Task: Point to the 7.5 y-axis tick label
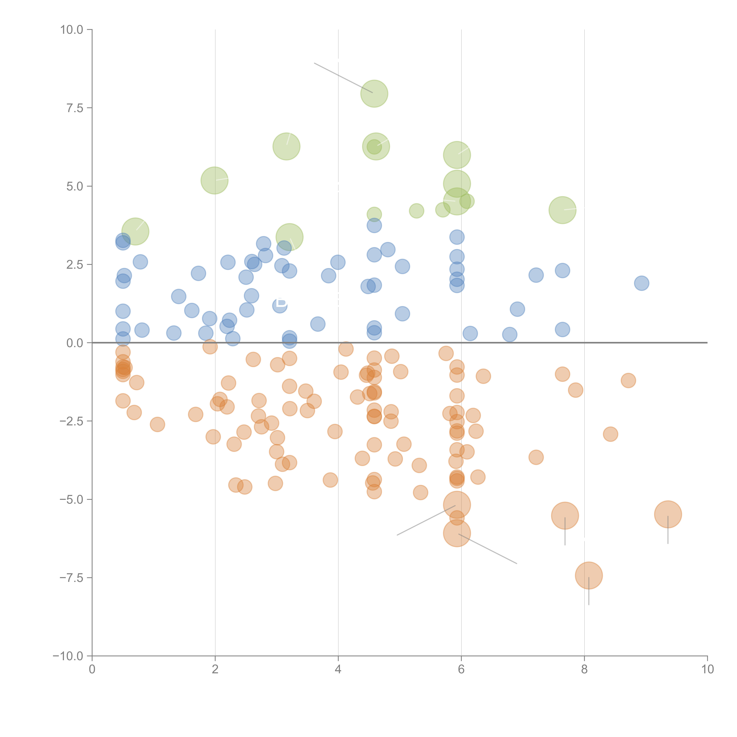74,108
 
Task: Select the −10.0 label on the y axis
68,656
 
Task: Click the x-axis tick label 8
584,669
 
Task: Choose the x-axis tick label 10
707,669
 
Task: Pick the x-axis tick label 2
215,669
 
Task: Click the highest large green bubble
374,94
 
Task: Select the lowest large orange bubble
589,576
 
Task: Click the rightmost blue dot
642,283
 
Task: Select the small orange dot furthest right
628,380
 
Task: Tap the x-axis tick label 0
92,669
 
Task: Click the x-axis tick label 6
461,669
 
